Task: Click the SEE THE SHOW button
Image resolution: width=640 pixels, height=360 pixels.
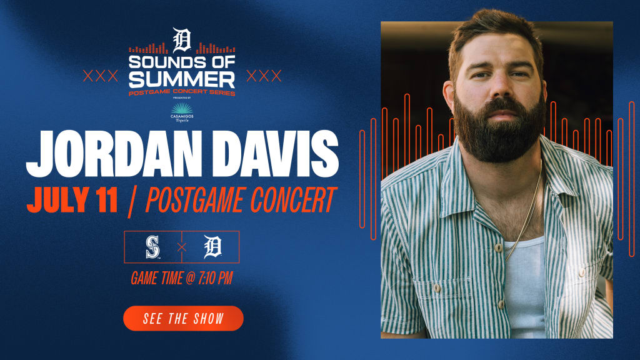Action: coord(183,318)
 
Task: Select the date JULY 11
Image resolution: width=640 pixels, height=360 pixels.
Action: coord(72,199)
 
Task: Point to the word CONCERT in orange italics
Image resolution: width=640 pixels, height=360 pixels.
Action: coord(293,199)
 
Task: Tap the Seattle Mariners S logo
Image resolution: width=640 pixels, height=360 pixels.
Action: coord(152,247)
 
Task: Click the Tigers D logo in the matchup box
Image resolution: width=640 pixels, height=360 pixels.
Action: coord(212,246)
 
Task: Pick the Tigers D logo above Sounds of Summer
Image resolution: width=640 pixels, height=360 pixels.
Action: coord(182,40)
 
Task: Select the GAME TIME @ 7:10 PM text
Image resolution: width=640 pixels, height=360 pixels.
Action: coord(182,278)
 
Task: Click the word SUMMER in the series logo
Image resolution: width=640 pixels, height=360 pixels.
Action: coord(182,79)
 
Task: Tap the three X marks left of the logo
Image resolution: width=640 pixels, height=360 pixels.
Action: coord(101,76)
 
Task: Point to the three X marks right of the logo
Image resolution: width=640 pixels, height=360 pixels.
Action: coord(264,76)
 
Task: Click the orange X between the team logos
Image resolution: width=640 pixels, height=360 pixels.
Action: coord(182,247)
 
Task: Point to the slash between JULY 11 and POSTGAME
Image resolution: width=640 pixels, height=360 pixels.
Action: coord(131,201)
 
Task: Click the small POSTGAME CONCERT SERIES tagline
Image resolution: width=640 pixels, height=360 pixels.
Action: coord(182,92)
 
